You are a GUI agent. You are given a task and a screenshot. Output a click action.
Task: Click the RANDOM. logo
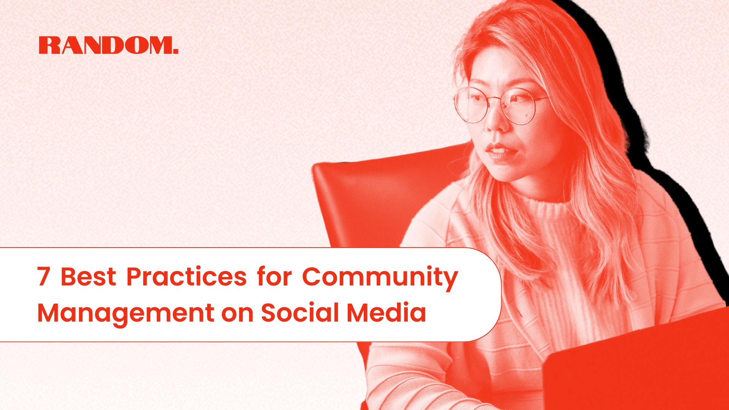pyautogui.click(x=108, y=45)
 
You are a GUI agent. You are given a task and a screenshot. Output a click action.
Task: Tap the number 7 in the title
pyautogui.click(x=44, y=276)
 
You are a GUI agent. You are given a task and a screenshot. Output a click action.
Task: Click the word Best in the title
pyautogui.click(x=88, y=276)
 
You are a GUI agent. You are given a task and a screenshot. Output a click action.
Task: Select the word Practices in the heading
pyautogui.click(x=186, y=276)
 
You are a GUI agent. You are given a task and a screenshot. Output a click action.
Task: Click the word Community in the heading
pyautogui.click(x=380, y=277)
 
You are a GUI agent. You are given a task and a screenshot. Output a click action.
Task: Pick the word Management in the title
pyautogui.click(x=125, y=314)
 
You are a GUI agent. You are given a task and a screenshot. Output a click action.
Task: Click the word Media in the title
pyautogui.click(x=386, y=313)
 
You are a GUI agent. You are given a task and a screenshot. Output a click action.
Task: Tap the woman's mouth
pyautogui.click(x=500, y=151)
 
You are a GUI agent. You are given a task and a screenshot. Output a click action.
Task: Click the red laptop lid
pyautogui.click(x=638, y=364)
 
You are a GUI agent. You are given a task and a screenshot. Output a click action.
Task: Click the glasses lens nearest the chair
pyautogui.click(x=469, y=105)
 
